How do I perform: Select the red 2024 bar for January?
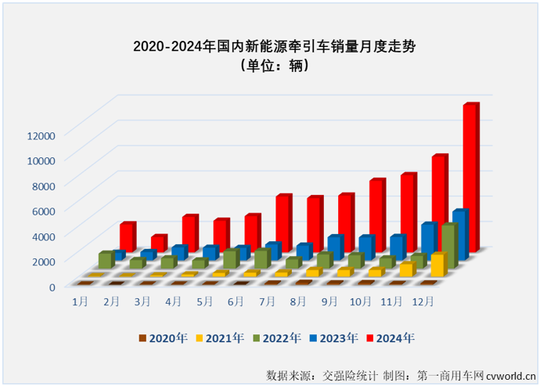point(128,236)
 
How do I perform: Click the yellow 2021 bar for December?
point(437,265)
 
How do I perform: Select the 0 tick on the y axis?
point(52,286)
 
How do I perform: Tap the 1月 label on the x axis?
point(80,300)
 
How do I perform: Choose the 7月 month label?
point(268,300)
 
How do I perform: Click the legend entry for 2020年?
point(164,337)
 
